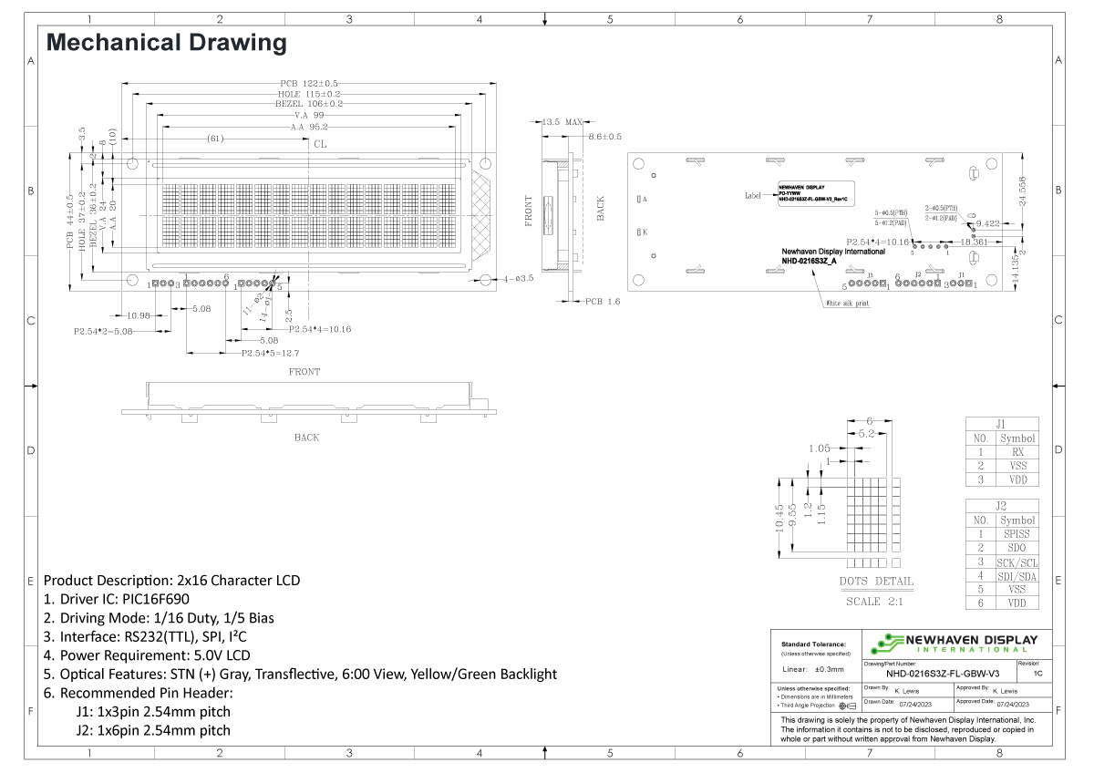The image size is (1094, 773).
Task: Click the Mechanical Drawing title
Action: pos(166,43)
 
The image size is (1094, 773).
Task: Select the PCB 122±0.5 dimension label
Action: pos(309,84)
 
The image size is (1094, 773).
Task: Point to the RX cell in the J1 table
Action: pos(1017,452)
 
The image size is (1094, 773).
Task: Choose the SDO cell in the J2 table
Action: pos(1017,547)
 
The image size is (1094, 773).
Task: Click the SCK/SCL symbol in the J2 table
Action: pos(1017,562)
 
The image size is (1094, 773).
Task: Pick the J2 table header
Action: pos(1001,506)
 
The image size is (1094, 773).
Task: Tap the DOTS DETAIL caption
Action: pos(875,582)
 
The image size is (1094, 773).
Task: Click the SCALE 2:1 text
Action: pos(875,602)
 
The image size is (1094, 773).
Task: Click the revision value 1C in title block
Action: pos(1038,673)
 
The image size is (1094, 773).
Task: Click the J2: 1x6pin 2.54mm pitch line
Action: pos(153,730)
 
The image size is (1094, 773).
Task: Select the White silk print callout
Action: pos(847,304)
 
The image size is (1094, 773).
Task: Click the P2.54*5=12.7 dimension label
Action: pos(271,353)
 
